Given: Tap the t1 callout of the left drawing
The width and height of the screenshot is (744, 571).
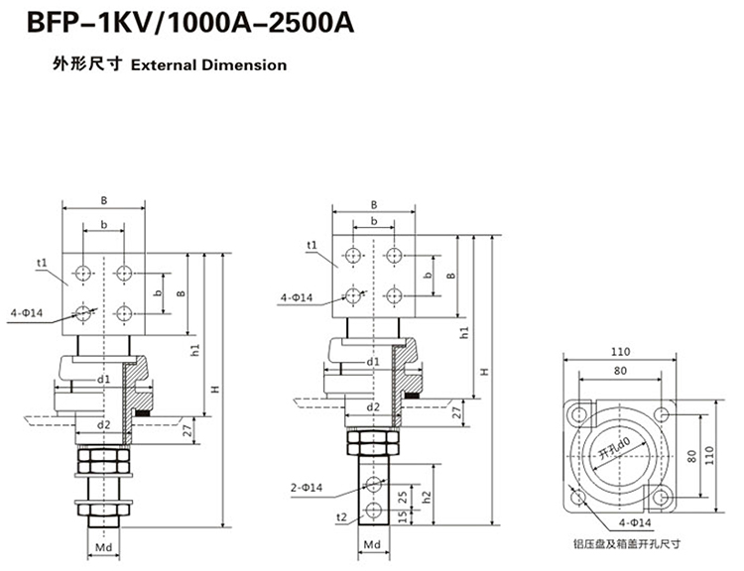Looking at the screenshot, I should (x=43, y=262).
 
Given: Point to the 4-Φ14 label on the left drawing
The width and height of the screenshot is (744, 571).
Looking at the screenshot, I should (x=27, y=313).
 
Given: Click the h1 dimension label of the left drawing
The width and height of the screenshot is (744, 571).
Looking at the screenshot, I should (x=195, y=350).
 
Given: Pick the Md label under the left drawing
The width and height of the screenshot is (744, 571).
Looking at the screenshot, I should (x=103, y=544).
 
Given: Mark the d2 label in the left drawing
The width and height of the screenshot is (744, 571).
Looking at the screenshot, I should (x=103, y=425).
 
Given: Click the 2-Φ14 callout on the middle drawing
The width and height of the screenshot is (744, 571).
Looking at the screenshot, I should (x=309, y=488).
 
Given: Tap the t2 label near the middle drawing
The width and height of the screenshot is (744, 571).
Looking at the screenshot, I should (x=341, y=517).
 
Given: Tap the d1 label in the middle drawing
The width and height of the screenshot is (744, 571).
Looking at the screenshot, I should (x=371, y=363).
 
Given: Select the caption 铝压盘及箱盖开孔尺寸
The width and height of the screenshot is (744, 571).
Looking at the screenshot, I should (x=627, y=543).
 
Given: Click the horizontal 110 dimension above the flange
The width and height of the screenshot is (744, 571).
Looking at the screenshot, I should (x=620, y=351).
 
